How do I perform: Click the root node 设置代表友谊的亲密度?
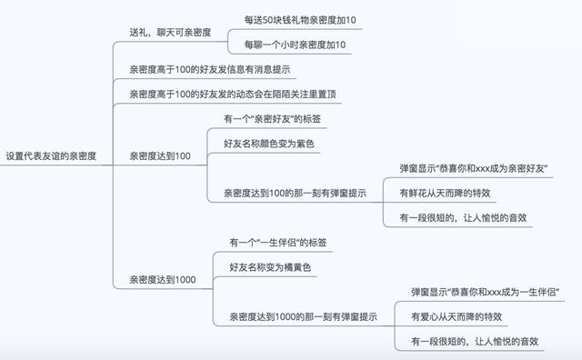pos(56,156)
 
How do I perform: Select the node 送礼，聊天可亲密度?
pos(170,32)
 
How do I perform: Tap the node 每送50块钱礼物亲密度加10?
pos(300,19)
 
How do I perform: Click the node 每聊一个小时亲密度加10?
pos(296,45)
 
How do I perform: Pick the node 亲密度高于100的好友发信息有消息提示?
pos(210,69)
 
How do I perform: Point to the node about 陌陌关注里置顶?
pos(215,94)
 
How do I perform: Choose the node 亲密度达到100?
pos(159,156)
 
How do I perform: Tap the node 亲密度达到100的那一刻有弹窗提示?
pos(295,193)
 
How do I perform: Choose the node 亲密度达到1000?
pos(162,279)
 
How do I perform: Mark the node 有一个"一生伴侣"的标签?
pos(278,243)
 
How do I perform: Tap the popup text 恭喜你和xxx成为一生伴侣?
pos(485,292)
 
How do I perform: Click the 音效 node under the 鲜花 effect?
pos(464,217)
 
